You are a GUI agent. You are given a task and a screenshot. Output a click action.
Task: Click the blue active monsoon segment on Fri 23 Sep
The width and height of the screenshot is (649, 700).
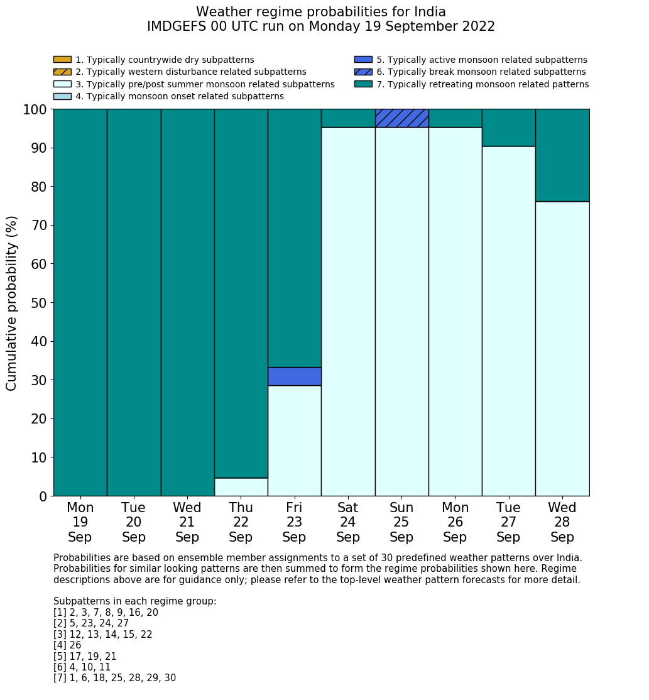pos(294,376)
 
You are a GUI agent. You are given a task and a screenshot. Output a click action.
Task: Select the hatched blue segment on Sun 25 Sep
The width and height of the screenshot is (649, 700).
pos(401,118)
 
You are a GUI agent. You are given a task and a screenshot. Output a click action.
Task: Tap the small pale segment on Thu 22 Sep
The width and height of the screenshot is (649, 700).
pos(241,487)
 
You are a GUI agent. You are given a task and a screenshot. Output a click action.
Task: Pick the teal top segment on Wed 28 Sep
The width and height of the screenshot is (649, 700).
pos(562,155)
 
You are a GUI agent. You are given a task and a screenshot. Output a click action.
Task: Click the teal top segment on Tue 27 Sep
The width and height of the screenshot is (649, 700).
pos(508,128)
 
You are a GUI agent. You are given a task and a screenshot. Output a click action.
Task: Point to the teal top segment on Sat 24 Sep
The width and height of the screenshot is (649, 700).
pos(348,118)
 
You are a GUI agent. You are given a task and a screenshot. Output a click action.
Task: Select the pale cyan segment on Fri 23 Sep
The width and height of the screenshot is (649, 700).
pos(294,440)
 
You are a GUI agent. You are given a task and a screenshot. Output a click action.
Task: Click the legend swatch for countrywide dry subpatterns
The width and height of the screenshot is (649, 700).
pos(62,60)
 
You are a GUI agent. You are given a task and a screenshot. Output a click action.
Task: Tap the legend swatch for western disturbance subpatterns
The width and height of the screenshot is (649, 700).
pos(62,72)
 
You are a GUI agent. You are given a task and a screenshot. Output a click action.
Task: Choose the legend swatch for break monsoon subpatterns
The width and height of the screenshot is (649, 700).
pos(363,72)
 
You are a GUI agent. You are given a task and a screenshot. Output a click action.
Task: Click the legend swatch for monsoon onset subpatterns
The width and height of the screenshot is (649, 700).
pos(62,96)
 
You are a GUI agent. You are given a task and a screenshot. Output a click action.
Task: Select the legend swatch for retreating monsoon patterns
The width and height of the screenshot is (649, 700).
pos(363,84)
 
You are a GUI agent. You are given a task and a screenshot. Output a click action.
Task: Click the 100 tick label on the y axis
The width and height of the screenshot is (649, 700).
pos(35,109)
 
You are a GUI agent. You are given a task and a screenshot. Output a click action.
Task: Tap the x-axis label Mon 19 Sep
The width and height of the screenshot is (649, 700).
pos(80,522)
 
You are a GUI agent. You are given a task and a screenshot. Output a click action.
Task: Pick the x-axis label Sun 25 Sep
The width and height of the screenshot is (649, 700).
pos(401,522)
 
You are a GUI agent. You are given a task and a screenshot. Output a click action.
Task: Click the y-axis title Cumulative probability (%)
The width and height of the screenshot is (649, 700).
pos(12,303)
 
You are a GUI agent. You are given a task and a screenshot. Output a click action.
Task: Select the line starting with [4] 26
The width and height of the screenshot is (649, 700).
pos(67,645)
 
